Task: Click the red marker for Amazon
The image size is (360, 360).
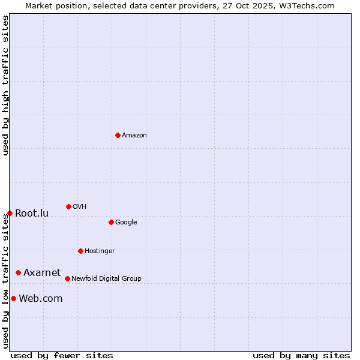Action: [118, 135]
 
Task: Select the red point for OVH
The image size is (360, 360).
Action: [68, 206]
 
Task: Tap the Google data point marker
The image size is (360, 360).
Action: [111, 222]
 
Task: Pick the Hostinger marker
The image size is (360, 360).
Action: [80, 251]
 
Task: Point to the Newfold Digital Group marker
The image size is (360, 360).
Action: [67, 278]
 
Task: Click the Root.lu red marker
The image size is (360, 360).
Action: [10, 213]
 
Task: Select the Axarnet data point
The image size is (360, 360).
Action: [18, 272]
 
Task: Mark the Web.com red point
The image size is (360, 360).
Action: [13, 298]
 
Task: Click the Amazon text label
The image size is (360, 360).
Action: [134, 136]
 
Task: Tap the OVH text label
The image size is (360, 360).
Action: [80, 207]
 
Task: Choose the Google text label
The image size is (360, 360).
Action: [126, 223]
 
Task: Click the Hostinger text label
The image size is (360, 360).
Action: [100, 251]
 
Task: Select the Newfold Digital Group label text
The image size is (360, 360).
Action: [106, 279]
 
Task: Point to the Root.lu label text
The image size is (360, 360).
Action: [32, 214]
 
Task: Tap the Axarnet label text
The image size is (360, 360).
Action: [42, 273]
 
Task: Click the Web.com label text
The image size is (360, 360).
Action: [40, 299]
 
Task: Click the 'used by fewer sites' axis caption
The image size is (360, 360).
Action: [62, 355]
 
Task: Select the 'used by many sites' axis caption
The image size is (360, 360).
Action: [301, 355]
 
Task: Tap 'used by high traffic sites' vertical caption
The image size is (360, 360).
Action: [5, 85]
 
